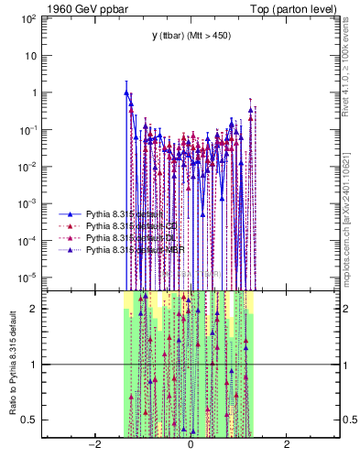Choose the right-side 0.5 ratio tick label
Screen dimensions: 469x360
350,420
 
